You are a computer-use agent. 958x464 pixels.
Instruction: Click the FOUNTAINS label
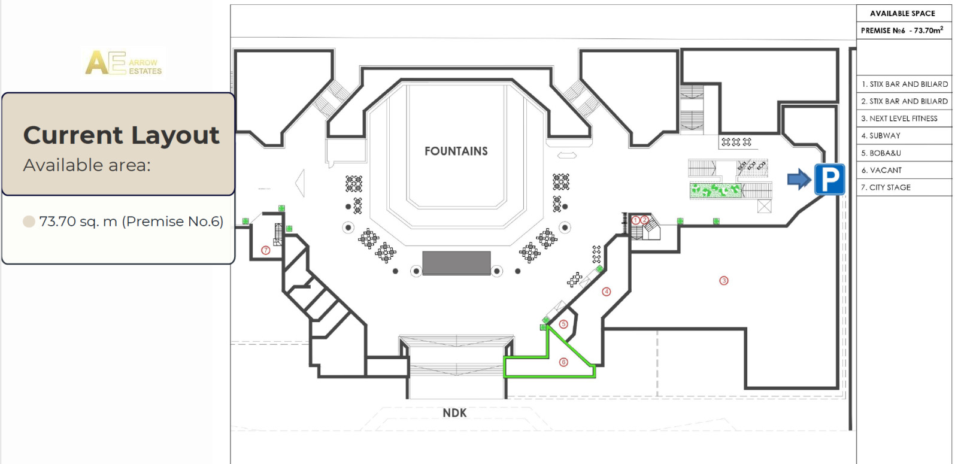pos(456,151)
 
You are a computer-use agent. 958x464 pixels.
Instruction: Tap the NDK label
pos(454,413)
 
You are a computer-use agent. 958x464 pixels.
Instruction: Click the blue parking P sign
pos(829,179)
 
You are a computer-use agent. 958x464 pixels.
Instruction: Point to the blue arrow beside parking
pos(799,179)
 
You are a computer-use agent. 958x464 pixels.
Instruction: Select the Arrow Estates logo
pos(123,63)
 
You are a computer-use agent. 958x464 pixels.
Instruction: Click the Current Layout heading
pos(121,135)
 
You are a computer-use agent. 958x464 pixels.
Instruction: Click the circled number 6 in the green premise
pos(563,362)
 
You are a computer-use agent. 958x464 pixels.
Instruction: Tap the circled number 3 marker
pos(724,281)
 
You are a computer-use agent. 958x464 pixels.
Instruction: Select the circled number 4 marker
pos(606,292)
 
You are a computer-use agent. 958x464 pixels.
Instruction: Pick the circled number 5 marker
pos(563,324)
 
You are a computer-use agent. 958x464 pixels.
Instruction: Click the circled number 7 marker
pos(266,250)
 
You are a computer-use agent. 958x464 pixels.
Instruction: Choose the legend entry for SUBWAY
pos(881,135)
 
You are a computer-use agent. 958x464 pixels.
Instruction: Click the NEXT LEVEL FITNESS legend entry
pos(899,119)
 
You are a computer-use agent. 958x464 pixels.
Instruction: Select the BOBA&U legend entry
pos(881,153)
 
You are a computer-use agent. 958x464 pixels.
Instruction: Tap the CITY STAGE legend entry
pos(886,187)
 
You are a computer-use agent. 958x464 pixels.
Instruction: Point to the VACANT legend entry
pos(881,170)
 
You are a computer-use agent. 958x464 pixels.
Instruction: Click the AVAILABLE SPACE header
pos(902,13)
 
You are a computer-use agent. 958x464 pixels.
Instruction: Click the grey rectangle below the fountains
pos(456,263)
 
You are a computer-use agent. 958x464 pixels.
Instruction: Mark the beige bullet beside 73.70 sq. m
pos(29,222)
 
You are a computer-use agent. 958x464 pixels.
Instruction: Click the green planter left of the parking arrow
pos(715,191)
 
